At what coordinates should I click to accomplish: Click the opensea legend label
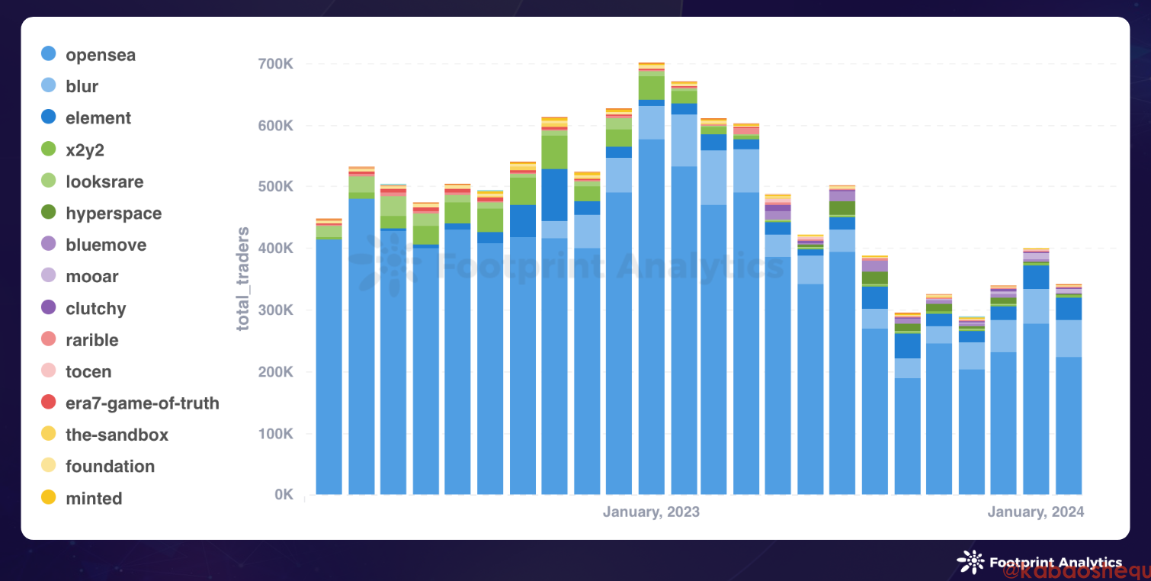[101, 55]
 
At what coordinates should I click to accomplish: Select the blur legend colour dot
[48, 86]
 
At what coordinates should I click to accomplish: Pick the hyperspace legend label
[114, 213]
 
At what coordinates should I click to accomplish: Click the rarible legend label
[91, 340]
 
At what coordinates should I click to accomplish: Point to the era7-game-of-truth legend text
[143, 403]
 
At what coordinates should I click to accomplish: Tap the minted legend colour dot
[48, 498]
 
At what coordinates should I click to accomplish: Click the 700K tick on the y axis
[276, 63]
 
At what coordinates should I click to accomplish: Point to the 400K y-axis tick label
[276, 249]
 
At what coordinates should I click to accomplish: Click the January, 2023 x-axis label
[651, 512]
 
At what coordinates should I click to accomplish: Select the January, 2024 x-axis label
[1035, 512]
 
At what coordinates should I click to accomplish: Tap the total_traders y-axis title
[243, 278]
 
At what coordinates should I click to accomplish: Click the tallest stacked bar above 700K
[652, 305]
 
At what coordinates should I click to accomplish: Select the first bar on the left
[329, 358]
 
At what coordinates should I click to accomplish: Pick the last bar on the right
[1068, 381]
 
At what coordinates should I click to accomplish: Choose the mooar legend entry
[92, 277]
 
